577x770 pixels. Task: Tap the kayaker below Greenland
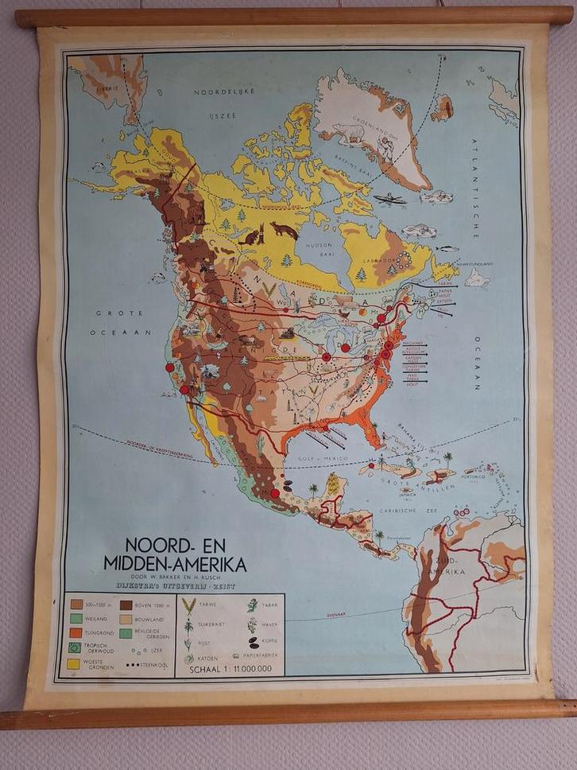pos(389,199)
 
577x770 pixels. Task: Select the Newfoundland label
pos(474,263)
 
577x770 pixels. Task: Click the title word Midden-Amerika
pos(175,564)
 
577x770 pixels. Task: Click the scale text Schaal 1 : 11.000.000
pos(230,668)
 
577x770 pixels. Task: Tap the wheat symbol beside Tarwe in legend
pos(189,606)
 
